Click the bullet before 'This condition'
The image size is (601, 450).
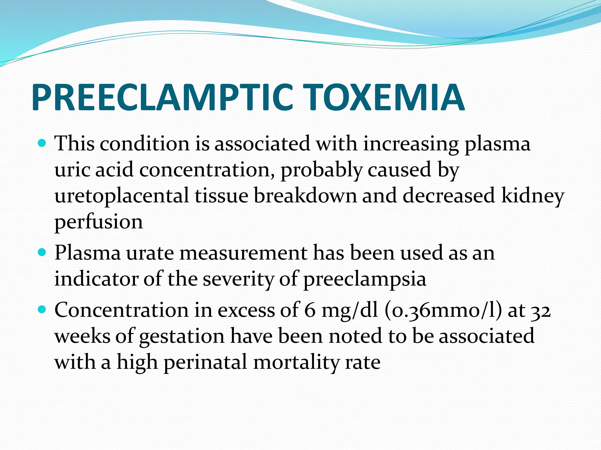coord(42,144)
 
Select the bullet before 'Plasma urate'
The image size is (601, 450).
coord(42,252)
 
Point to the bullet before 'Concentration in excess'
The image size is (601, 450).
coord(42,309)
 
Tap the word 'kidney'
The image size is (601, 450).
coord(532,196)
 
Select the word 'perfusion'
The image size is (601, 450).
coord(99,222)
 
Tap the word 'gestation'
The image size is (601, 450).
coord(182,336)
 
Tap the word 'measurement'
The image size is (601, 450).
coord(243,253)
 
